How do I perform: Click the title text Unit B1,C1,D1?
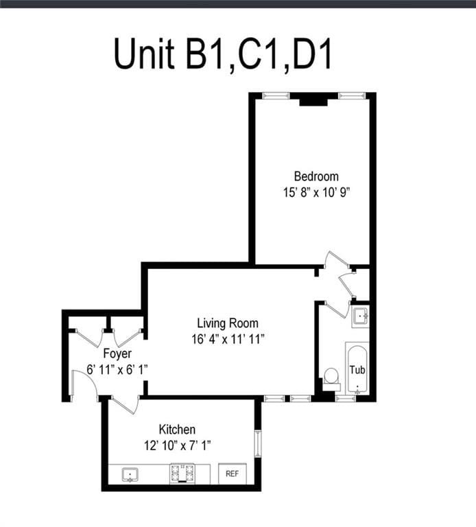(x=223, y=54)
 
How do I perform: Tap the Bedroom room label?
(x=316, y=176)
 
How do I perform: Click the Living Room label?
(x=228, y=323)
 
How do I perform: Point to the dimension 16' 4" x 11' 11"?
(x=228, y=338)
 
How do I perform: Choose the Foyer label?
(x=117, y=354)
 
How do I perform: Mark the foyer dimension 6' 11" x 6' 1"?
(x=117, y=369)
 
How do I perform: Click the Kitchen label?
(x=177, y=430)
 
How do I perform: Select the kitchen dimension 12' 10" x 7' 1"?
(x=177, y=445)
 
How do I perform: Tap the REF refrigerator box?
(x=232, y=473)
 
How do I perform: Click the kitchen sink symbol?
(x=129, y=474)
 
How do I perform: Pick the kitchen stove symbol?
(x=182, y=473)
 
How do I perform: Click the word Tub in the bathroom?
(x=357, y=369)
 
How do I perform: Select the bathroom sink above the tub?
(x=360, y=316)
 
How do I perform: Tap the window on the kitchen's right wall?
(x=257, y=443)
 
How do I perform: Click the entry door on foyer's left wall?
(x=83, y=388)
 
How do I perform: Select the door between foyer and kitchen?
(x=123, y=405)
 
